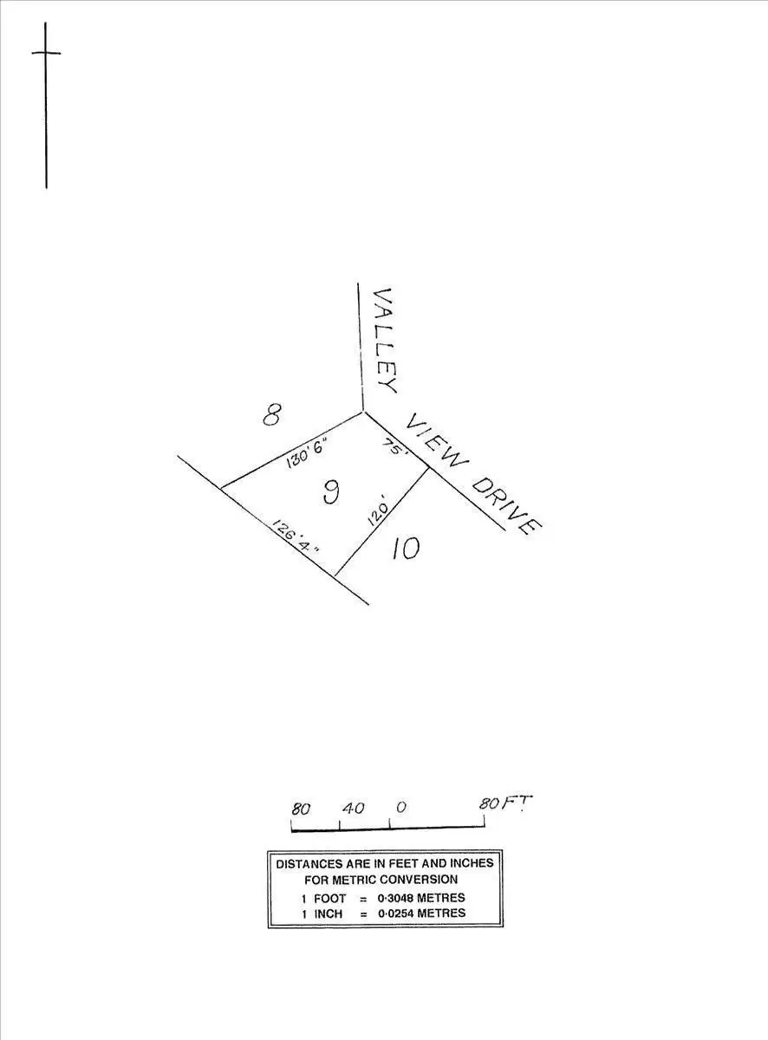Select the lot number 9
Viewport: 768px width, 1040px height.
[330, 492]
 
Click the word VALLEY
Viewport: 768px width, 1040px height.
[383, 341]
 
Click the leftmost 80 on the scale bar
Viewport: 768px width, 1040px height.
[300, 809]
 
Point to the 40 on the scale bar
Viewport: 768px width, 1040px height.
[353, 809]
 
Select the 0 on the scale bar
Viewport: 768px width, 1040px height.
[400, 808]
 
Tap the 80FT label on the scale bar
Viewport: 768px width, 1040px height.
[505, 803]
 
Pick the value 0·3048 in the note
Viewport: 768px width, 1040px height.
[400, 898]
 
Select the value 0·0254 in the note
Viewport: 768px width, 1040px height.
[400, 913]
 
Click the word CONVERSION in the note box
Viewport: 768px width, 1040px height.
[430, 879]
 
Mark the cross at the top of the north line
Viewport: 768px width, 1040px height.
[46, 53]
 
